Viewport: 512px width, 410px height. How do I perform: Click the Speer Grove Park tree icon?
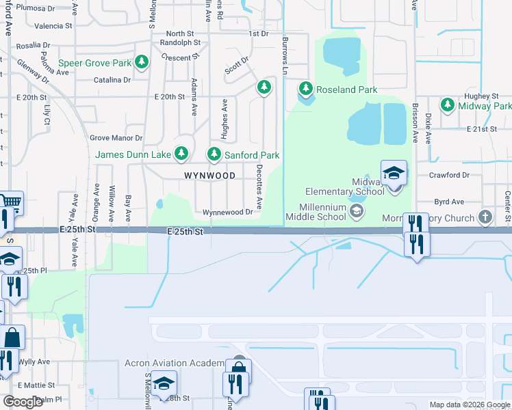[142, 64]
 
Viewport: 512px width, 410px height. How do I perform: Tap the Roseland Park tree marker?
[305, 90]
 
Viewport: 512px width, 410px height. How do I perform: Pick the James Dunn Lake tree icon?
[181, 155]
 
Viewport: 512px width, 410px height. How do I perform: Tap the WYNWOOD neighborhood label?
[209, 176]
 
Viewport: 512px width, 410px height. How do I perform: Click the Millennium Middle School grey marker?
[356, 211]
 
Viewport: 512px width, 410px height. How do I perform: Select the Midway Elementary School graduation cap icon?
[394, 173]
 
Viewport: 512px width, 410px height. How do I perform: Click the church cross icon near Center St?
[485, 218]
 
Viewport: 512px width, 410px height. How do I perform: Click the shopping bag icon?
[12, 337]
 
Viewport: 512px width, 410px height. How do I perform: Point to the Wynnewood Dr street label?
[228, 213]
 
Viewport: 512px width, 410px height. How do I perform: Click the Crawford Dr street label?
[449, 175]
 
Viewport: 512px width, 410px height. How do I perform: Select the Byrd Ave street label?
[449, 202]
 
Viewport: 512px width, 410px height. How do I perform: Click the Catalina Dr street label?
[112, 80]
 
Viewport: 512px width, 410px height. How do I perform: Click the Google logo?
[23, 402]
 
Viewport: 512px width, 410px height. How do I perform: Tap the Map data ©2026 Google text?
[470, 405]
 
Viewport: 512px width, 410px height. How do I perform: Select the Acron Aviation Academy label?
[175, 363]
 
